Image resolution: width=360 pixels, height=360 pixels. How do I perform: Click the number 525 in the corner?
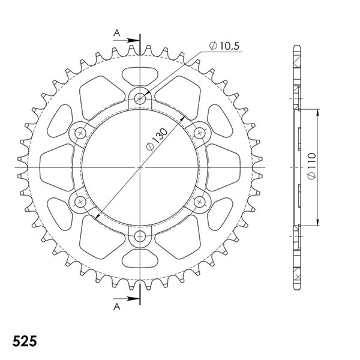[x=23, y=342]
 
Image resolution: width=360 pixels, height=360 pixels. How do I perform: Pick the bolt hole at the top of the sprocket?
[x=140, y=98]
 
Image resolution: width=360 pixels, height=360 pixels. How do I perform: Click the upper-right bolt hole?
[x=200, y=132]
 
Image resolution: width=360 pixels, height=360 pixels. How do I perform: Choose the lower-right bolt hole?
[x=200, y=200]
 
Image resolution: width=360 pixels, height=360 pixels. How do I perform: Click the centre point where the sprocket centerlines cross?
[x=140, y=166]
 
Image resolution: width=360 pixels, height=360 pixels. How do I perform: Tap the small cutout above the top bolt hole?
[x=140, y=77]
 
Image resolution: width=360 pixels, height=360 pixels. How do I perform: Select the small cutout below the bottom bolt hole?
[x=140, y=257]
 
